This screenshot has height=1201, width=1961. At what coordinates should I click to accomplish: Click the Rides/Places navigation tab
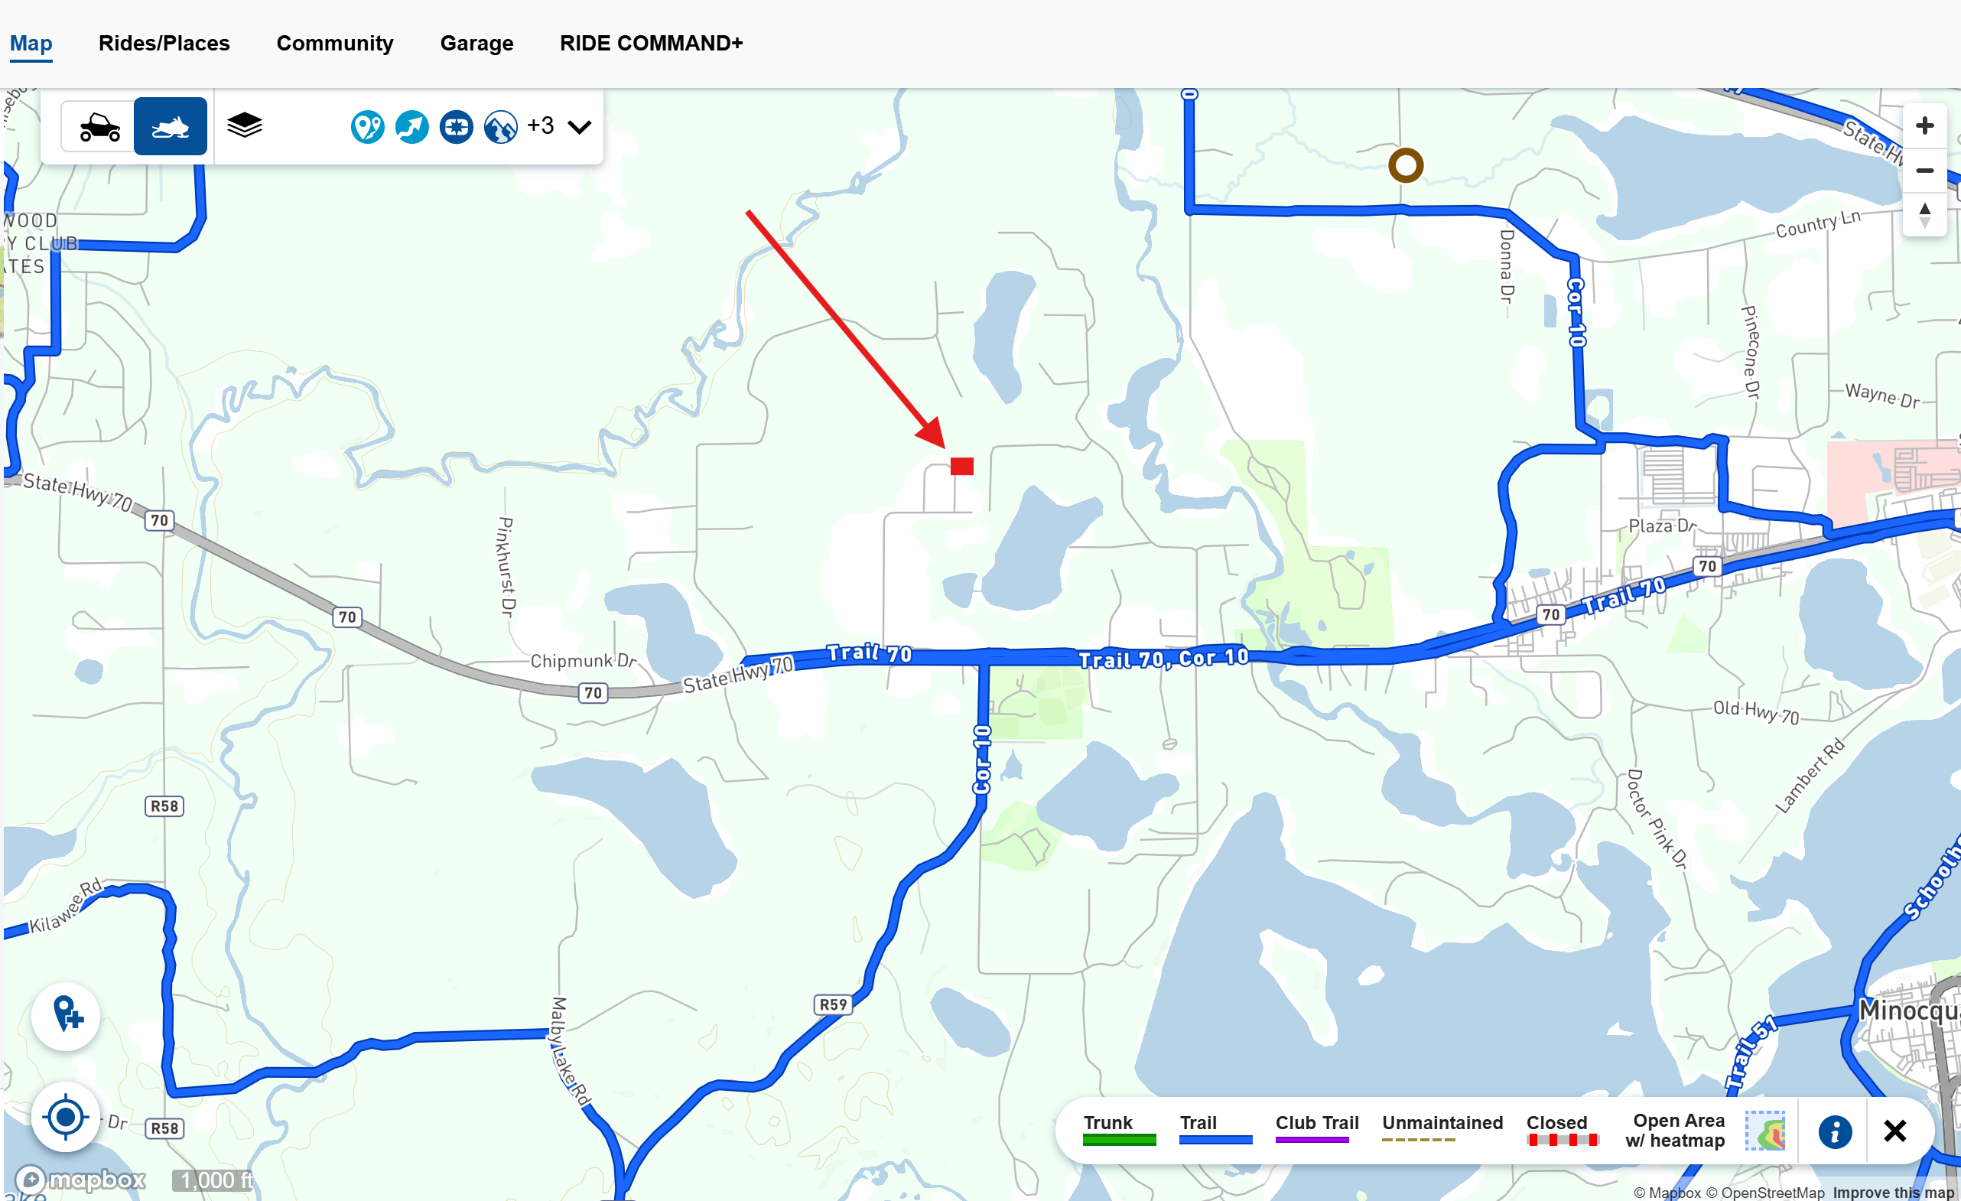tap(164, 43)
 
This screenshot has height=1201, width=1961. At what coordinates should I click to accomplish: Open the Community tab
tap(334, 43)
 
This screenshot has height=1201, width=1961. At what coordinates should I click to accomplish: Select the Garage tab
tap(476, 43)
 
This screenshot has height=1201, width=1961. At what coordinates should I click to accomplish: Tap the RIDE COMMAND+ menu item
tap(651, 43)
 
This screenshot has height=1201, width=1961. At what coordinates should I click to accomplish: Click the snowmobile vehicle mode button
tap(171, 126)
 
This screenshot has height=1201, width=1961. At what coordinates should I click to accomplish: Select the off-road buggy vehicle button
tap(99, 126)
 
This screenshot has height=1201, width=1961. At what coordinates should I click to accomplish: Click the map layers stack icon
tap(244, 125)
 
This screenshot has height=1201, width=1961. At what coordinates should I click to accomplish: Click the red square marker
tap(961, 467)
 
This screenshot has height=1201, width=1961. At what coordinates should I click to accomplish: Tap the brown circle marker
tap(1406, 165)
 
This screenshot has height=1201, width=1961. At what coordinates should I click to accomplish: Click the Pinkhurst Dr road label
tap(506, 567)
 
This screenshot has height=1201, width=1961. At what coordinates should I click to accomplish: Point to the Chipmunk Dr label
tap(583, 661)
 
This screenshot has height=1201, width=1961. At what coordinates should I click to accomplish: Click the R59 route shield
tap(833, 1004)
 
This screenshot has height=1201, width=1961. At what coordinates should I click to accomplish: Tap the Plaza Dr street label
tap(1662, 526)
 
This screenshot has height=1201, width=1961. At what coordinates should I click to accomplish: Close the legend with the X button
tap(1894, 1131)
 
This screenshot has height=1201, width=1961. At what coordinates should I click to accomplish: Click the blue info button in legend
tap(1835, 1131)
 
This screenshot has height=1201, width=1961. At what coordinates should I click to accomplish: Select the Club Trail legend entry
tap(1316, 1128)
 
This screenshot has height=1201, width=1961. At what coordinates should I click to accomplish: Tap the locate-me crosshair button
tap(65, 1117)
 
